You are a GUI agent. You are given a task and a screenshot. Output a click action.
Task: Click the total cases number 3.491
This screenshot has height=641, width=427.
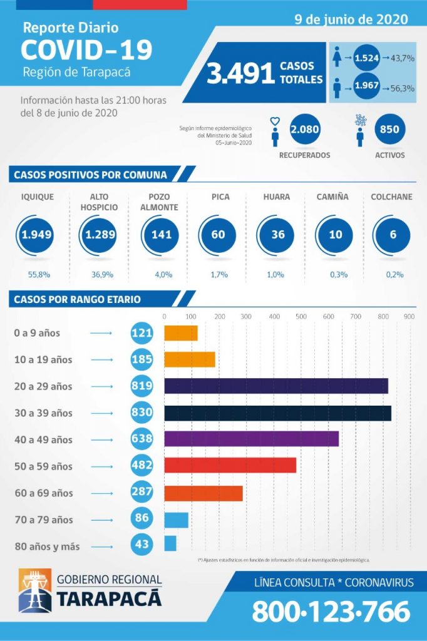241,74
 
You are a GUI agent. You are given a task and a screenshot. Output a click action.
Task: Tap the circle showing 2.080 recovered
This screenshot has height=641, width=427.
306,130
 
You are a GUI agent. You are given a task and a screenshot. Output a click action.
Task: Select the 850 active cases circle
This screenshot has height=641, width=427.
390,130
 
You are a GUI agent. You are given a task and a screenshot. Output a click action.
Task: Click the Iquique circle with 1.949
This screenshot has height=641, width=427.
36,235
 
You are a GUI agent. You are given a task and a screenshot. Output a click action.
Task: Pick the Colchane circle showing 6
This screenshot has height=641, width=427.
393,235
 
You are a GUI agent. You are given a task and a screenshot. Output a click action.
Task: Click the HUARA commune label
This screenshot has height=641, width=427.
276,197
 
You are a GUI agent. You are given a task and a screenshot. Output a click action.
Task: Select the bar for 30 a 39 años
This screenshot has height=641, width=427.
277,413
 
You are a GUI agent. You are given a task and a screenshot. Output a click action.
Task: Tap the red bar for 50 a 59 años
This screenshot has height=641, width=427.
230,466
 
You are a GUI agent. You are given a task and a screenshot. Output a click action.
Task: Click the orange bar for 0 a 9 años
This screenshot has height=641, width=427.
180,333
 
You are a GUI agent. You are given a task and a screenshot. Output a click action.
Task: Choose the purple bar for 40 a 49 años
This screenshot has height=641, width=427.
251,439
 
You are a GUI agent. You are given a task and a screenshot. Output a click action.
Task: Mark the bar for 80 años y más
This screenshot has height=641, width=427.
170,543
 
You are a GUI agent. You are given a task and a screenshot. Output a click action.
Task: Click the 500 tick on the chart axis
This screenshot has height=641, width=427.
301,317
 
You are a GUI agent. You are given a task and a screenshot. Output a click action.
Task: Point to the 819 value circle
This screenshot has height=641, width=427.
142,386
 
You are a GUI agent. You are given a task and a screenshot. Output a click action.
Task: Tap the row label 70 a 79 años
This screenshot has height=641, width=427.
43,520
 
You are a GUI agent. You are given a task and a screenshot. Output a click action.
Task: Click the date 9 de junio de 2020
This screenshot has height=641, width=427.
351,19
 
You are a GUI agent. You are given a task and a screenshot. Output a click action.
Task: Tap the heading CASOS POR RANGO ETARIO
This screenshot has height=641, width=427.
77,299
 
